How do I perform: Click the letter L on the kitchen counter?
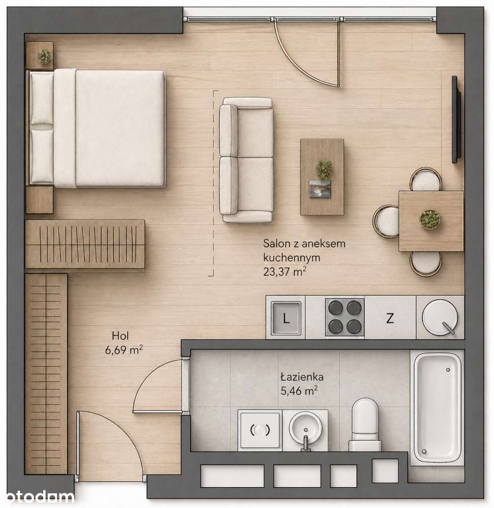(x=286, y=318)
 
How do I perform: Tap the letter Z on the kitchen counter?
(x=390, y=318)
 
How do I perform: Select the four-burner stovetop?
(x=345, y=317)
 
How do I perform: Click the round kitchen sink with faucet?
(x=440, y=317)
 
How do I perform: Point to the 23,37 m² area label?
(x=285, y=272)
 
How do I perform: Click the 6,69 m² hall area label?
(x=124, y=350)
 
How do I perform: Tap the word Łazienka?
(x=302, y=377)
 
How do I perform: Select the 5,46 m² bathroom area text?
(x=299, y=391)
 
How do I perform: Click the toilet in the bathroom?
(x=365, y=425)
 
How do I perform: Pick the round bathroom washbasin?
(x=305, y=429)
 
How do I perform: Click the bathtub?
(x=438, y=408)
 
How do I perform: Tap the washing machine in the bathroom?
(x=260, y=430)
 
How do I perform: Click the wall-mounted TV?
(x=456, y=119)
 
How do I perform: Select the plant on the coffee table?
(x=324, y=169)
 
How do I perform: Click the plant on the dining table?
(x=430, y=219)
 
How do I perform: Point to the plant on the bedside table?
(x=44, y=56)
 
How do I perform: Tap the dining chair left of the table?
(x=386, y=221)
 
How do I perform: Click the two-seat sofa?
(x=246, y=160)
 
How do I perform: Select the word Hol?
(x=120, y=336)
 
